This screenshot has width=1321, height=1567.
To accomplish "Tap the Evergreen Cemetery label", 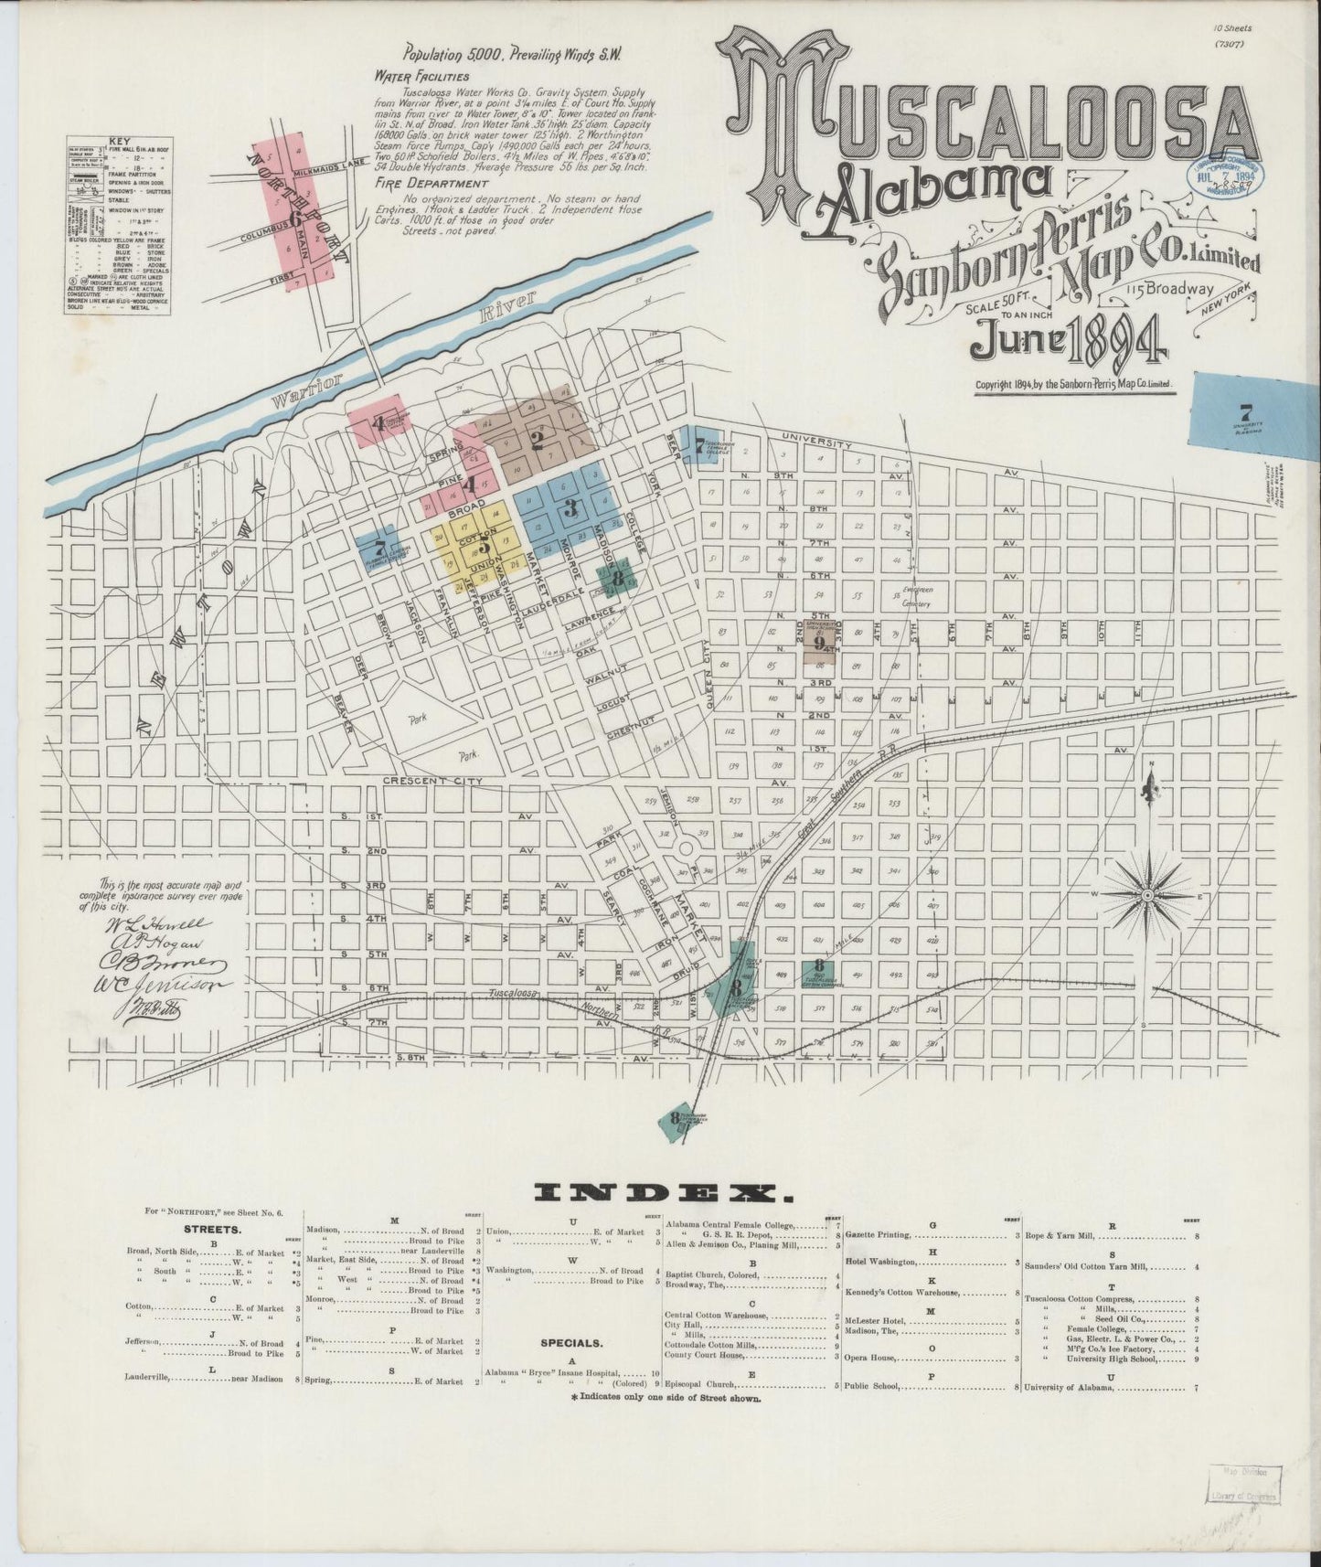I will point(915,598).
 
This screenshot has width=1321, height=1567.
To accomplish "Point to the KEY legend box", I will point(119,226).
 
